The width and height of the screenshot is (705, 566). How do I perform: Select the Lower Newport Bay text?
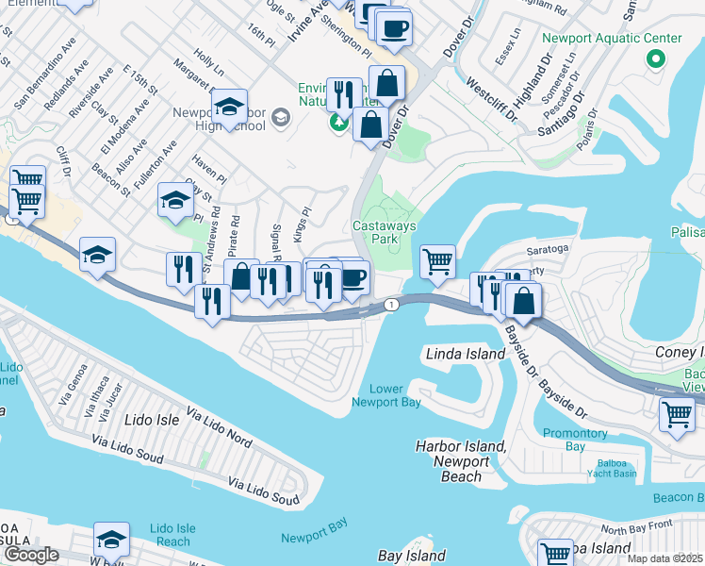pos(385,395)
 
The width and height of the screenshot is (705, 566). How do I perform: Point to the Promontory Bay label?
pos(576,440)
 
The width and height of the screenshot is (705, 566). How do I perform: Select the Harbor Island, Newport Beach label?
pos(461,460)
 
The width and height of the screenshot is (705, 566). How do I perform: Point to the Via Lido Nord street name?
pos(219,426)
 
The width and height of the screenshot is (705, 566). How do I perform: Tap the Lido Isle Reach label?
pos(172,534)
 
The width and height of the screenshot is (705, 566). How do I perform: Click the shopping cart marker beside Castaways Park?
pos(437,260)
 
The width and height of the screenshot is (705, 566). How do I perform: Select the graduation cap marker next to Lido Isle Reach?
pos(111,541)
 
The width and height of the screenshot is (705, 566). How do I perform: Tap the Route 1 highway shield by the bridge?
pos(389,304)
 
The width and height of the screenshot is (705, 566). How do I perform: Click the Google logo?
pos(31,555)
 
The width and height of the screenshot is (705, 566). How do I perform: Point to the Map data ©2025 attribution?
pos(664,558)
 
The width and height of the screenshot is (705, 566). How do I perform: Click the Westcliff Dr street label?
pos(491,99)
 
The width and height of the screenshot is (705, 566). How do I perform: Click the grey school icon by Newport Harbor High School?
pos(279,117)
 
